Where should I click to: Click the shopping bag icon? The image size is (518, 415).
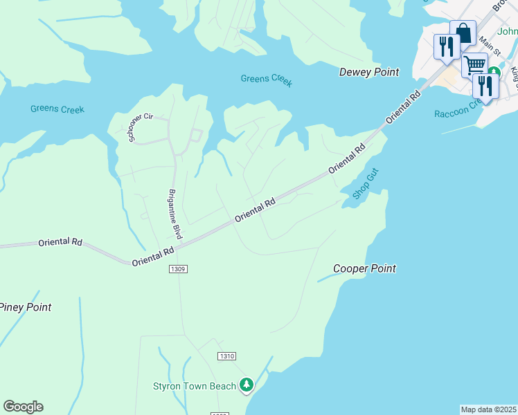[462, 33]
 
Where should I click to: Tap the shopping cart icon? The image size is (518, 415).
[474, 65]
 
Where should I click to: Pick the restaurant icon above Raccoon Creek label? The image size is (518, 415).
[485, 86]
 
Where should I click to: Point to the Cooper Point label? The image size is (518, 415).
[364, 268]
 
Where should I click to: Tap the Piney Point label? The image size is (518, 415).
[26, 307]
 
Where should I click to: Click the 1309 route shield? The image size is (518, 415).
[178, 268]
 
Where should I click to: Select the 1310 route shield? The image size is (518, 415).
[226, 356]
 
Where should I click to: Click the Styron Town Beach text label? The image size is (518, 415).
[195, 386]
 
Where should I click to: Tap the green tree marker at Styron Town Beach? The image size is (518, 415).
[247, 385]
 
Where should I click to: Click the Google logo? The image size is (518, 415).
[23, 407]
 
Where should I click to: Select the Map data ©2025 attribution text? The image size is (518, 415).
[489, 409]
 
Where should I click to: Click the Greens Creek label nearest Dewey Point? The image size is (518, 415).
[267, 80]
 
